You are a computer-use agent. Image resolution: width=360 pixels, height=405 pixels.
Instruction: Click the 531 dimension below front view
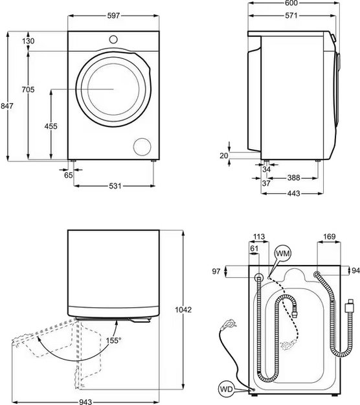coord(115,187)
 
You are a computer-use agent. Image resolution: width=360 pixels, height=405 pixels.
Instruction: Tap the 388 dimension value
coord(293,178)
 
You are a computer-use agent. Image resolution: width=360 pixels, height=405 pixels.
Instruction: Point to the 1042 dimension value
coord(184,310)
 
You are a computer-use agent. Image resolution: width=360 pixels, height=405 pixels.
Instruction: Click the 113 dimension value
coord(260,237)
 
